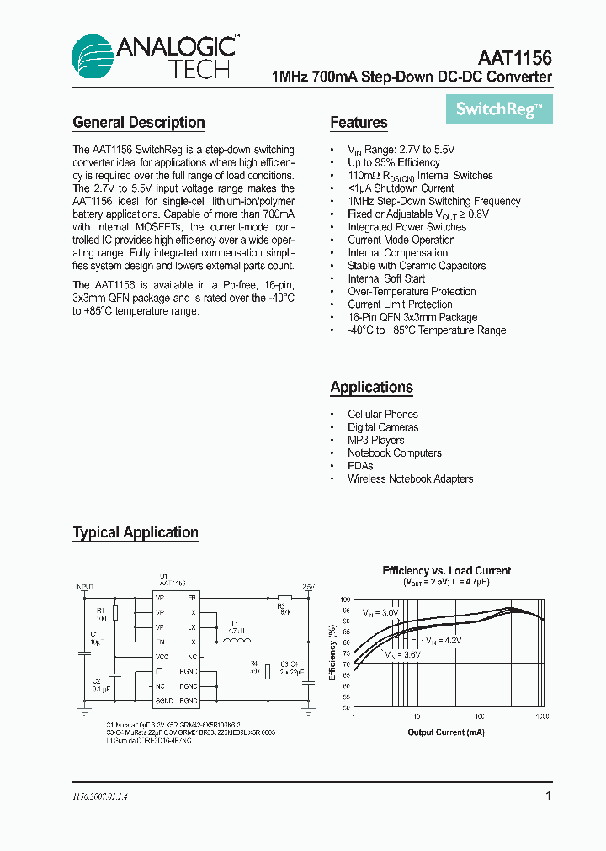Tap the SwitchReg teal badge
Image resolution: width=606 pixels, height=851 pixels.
tap(498, 108)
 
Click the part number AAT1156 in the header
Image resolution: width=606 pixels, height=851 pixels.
tap(514, 58)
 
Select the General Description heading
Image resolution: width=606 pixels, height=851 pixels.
tap(139, 123)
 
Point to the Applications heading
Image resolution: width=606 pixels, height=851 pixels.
tap(371, 388)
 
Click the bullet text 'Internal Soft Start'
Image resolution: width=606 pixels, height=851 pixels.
tap(386, 278)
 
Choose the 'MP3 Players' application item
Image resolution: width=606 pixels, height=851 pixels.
tap(375, 440)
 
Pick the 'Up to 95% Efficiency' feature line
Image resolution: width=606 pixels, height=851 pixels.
tap(393, 162)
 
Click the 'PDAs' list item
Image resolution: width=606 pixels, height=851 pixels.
tap(360, 466)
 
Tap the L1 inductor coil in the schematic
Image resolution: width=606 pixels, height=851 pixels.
tap(237, 641)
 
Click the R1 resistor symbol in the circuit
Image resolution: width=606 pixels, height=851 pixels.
tap(114, 613)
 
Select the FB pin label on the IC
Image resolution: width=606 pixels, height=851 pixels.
tap(192, 598)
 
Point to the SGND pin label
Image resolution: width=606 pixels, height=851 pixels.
tap(165, 700)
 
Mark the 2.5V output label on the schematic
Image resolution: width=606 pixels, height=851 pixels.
tap(307, 586)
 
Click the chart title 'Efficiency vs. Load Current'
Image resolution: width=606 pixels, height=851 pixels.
tap(446, 570)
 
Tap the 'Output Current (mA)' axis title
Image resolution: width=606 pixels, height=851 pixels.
tap(446, 732)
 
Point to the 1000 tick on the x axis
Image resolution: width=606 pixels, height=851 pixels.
tap(541, 716)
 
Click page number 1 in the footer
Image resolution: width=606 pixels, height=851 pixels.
tap(548, 795)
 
